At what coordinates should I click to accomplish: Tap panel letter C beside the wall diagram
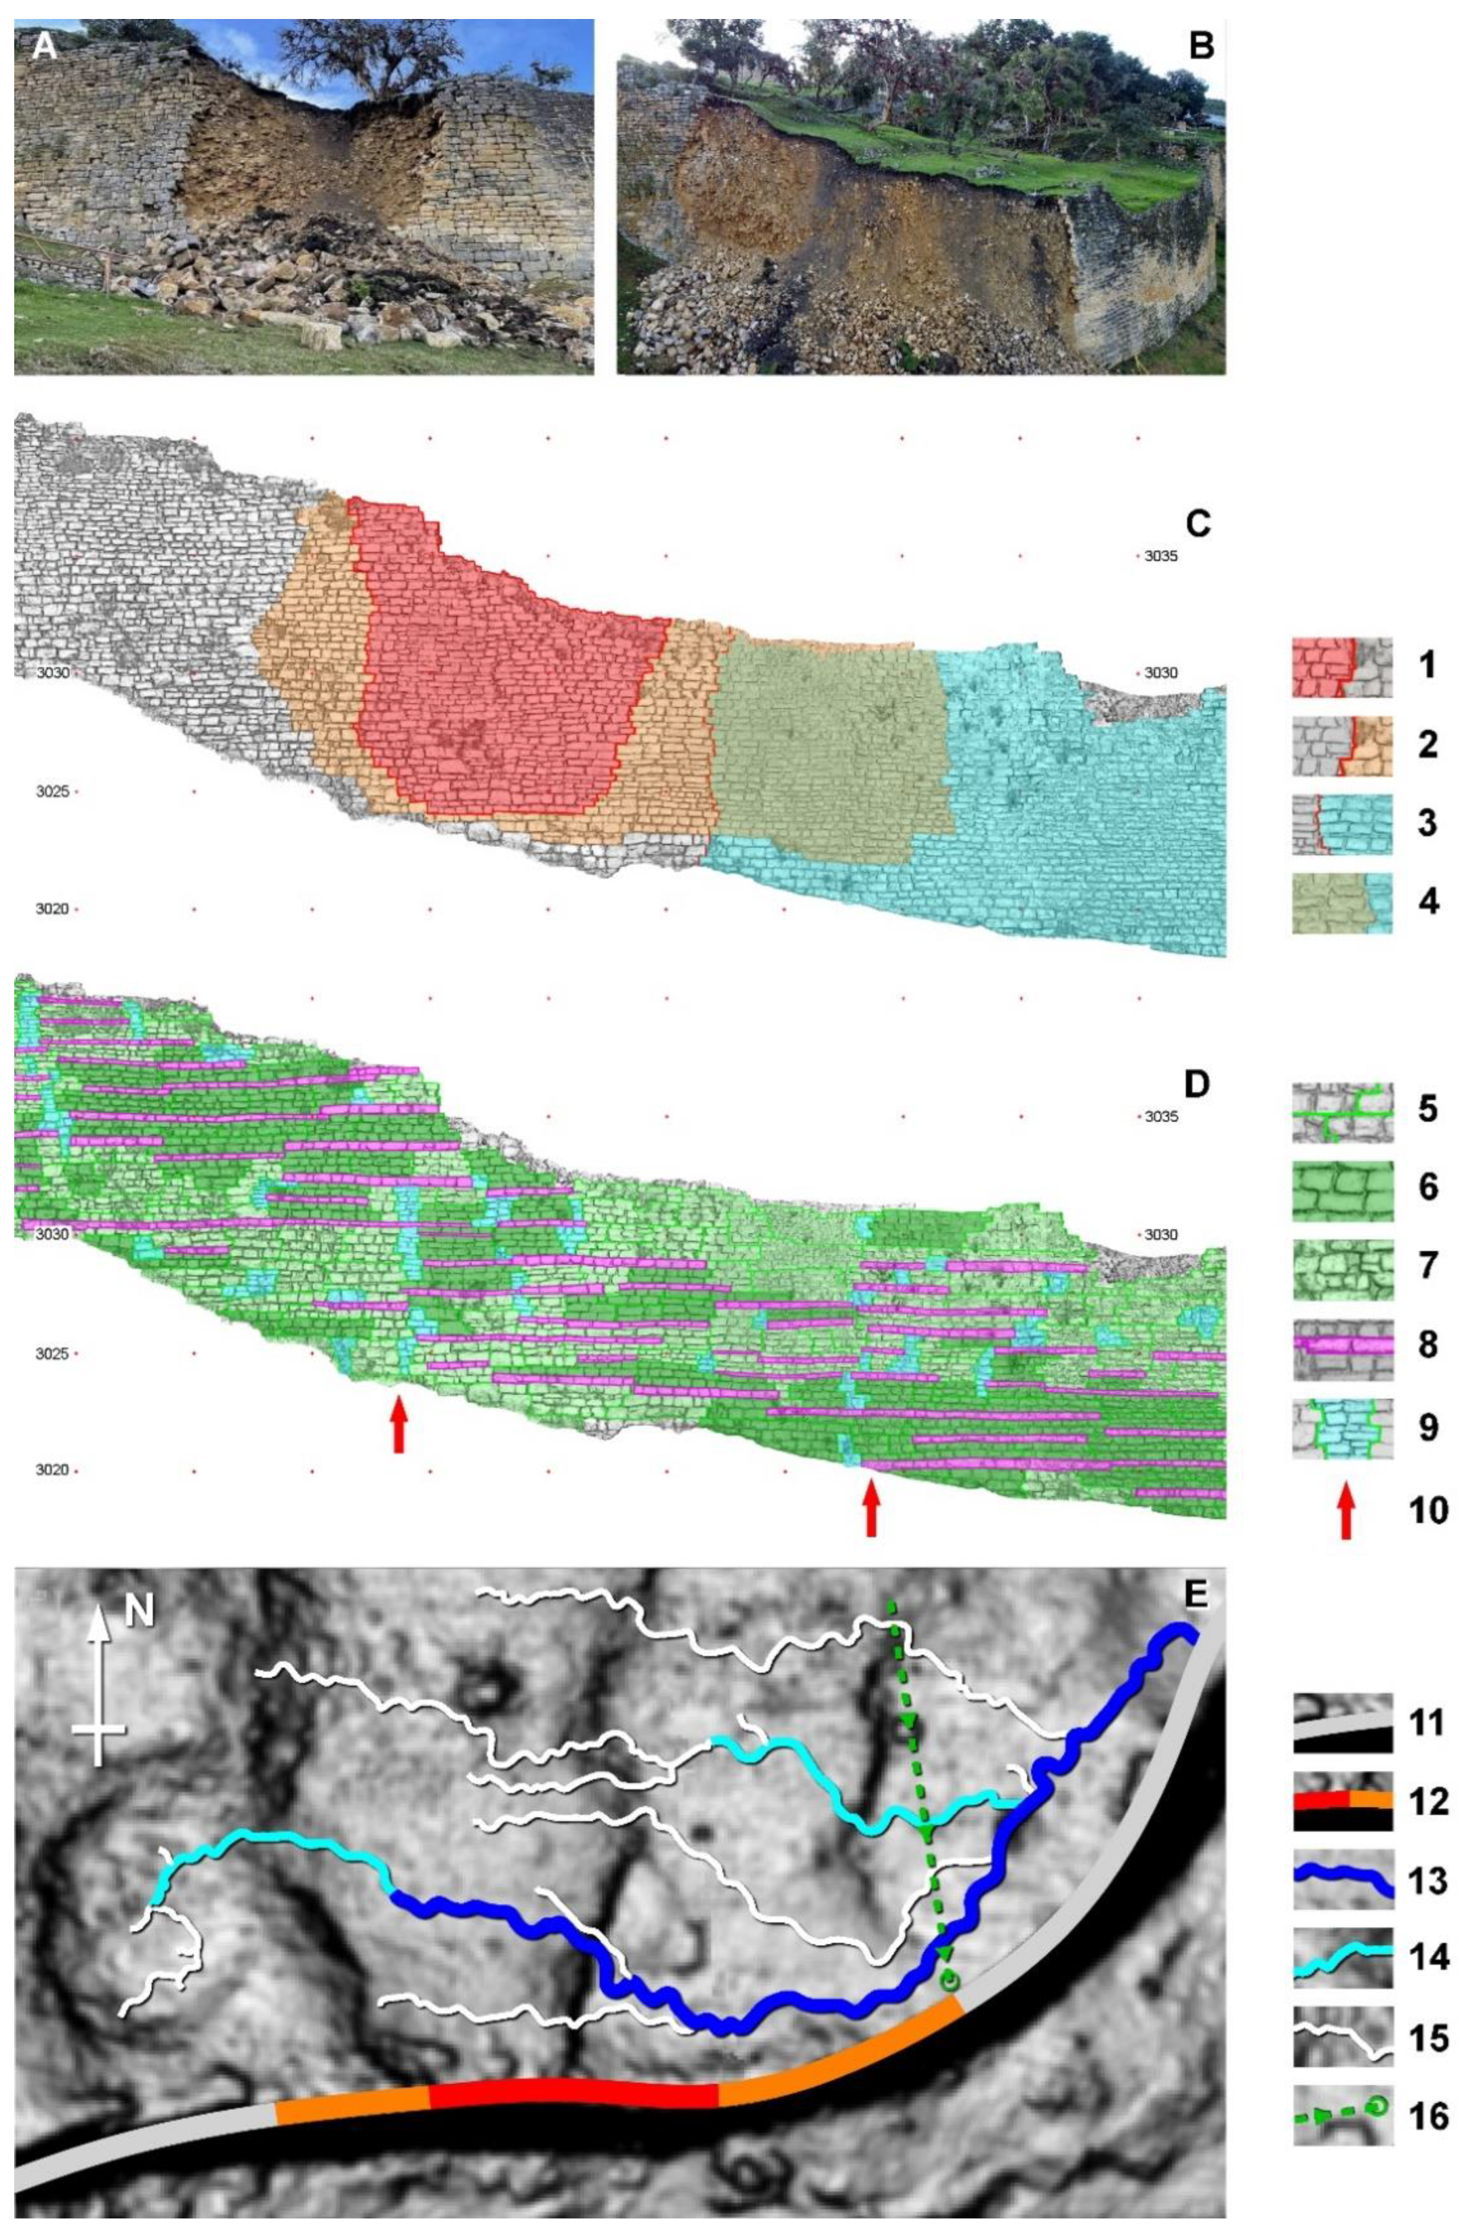pos(1198,523)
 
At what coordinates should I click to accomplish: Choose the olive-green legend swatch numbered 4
pos(1341,903)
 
